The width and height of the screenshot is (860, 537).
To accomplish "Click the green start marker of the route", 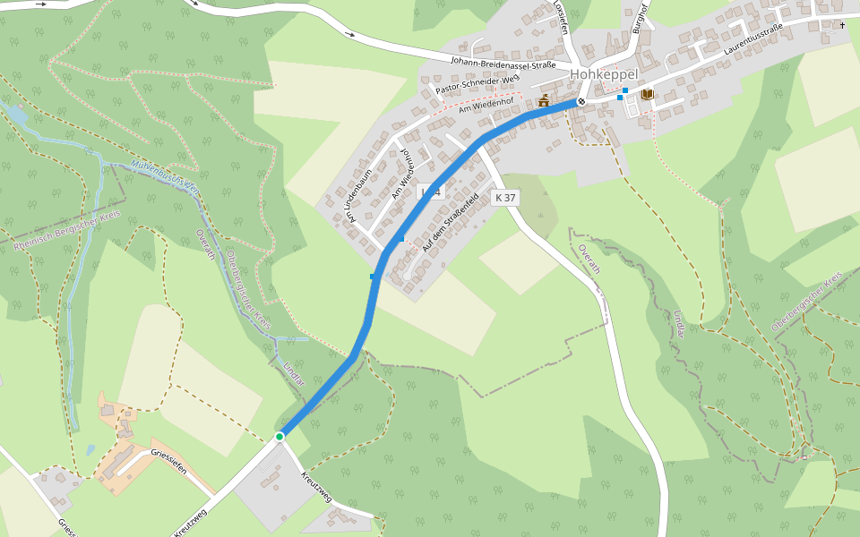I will [x=279, y=436].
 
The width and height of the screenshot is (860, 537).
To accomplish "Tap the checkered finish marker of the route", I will [x=581, y=101].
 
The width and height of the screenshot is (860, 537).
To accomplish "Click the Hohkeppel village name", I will [x=610, y=74].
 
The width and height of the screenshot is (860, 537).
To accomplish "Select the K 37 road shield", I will [x=505, y=198].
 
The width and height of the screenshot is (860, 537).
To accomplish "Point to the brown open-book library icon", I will [x=647, y=94].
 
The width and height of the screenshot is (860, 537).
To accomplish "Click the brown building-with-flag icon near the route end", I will [x=543, y=101].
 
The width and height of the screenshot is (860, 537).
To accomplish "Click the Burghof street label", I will [x=639, y=17].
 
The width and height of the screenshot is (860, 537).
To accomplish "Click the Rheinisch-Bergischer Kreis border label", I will [x=67, y=232].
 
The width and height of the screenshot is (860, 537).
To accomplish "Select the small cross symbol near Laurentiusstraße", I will [x=842, y=25].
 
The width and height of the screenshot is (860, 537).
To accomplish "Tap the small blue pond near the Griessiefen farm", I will [x=90, y=450].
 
